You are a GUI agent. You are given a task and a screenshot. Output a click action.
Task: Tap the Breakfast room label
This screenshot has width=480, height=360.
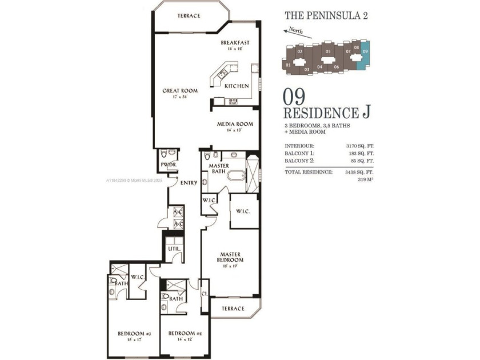[x=235, y=43]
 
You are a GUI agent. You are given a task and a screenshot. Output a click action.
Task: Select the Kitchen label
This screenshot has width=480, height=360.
[x=236, y=86]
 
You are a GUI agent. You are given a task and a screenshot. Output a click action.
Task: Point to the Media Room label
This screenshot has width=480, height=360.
[x=234, y=124]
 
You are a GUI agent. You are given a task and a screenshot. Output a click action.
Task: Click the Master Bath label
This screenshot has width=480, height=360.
[x=219, y=169]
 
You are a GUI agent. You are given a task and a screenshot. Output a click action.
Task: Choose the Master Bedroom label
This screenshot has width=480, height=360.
[x=230, y=257]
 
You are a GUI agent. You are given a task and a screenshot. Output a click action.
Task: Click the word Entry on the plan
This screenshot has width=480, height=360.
[x=189, y=183]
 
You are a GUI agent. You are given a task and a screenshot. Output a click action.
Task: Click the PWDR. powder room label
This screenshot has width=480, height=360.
[x=168, y=166]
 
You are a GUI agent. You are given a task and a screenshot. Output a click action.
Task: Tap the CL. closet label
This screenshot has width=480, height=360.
[x=205, y=294]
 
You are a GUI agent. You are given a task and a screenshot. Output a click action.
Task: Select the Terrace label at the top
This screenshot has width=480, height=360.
[x=189, y=15]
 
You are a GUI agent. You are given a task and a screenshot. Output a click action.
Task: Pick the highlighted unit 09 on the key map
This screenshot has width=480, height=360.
[x=365, y=55]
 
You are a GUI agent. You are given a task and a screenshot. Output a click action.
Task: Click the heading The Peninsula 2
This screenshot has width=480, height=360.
[x=326, y=15]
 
